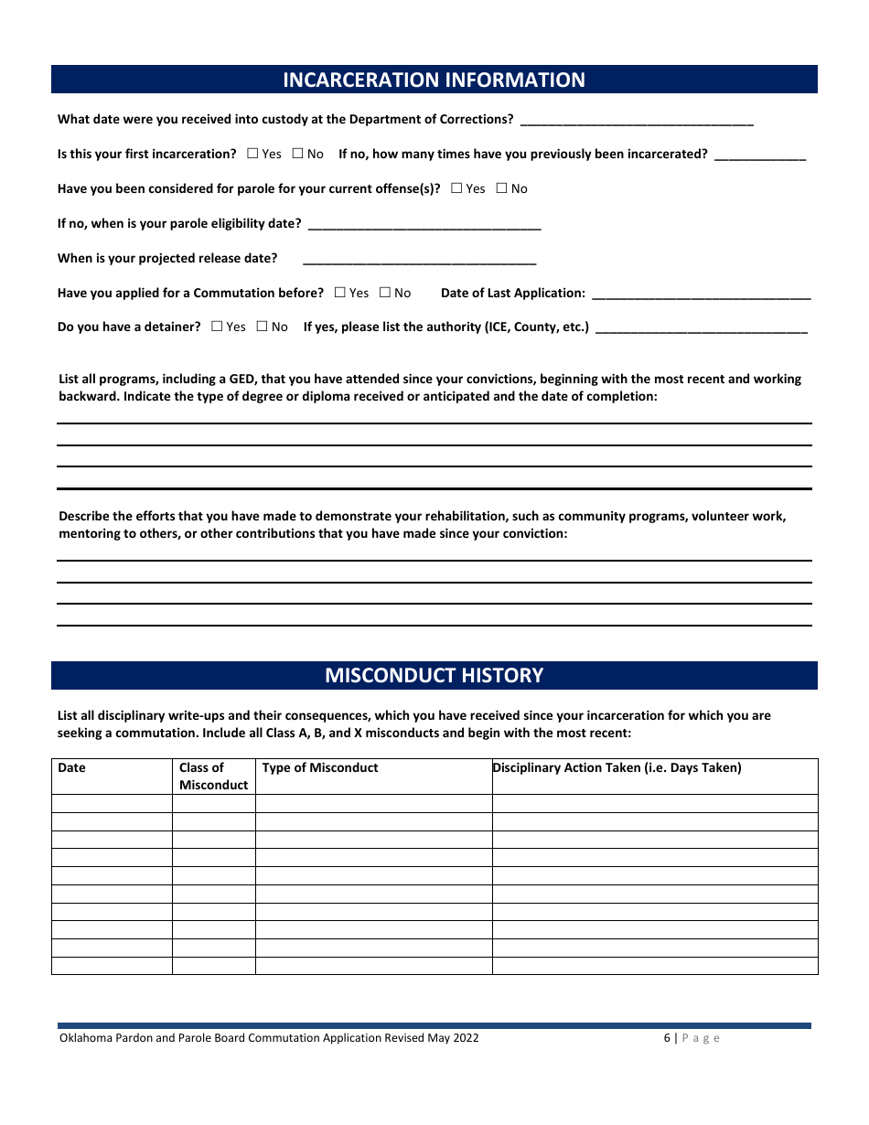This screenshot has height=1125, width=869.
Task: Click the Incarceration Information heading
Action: (x=434, y=80)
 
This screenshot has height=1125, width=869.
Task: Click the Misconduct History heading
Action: (x=434, y=675)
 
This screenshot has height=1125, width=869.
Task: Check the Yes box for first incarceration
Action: (x=252, y=154)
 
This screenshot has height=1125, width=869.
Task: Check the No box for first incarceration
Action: (x=297, y=154)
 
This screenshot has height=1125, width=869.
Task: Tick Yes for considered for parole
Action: (x=456, y=188)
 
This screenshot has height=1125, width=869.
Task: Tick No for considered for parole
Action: (x=501, y=188)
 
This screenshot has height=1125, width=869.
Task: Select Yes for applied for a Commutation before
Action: (x=339, y=293)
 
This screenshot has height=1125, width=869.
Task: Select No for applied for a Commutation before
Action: (x=384, y=293)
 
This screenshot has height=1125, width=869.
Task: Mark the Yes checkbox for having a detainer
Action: (x=217, y=327)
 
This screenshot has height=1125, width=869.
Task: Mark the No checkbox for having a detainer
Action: (x=262, y=327)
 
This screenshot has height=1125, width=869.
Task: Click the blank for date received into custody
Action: (x=636, y=120)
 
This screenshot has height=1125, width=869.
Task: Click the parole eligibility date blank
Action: (x=424, y=224)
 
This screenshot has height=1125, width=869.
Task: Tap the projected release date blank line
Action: (x=419, y=259)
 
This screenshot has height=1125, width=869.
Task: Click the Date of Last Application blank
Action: (x=702, y=294)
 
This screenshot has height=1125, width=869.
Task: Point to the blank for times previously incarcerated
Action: (x=760, y=155)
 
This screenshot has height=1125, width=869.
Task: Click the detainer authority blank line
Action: (x=702, y=327)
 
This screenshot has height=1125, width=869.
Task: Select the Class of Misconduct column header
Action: (x=213, y=776)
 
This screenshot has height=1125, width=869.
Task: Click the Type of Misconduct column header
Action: (x=320, y=767)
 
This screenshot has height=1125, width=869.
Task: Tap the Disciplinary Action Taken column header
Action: (x=617, y=767)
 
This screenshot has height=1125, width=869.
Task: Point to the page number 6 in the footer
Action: (x=668, y=1038)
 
